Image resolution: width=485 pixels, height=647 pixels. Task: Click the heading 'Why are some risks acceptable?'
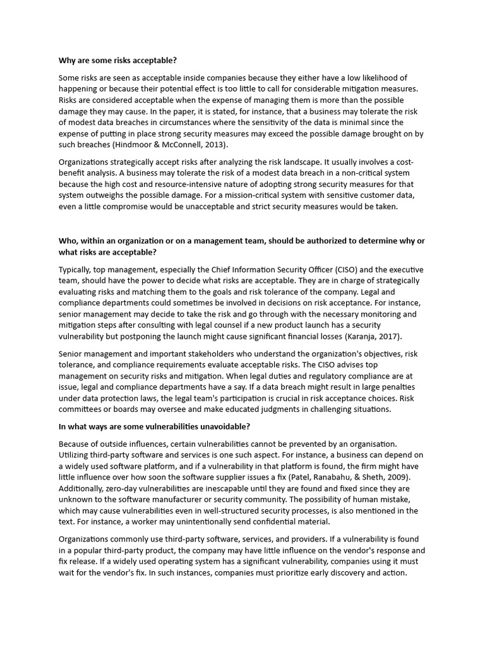tap(117, 61)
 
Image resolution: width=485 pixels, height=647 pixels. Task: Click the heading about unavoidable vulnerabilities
tap(155, 426)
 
